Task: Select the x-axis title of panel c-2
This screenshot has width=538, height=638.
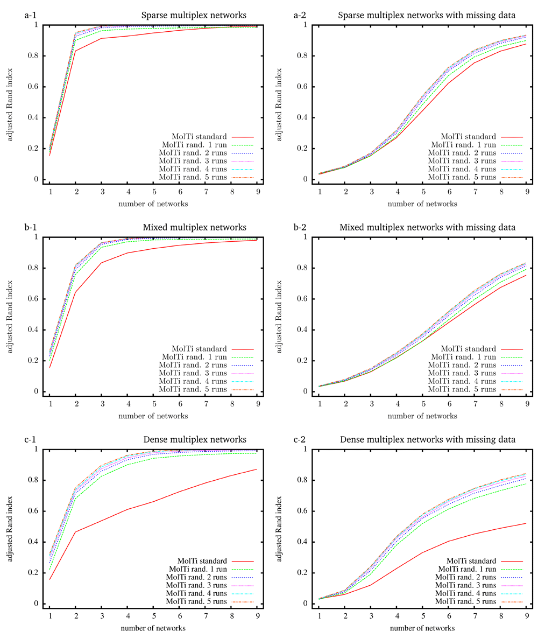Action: (x=423, y=628)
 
